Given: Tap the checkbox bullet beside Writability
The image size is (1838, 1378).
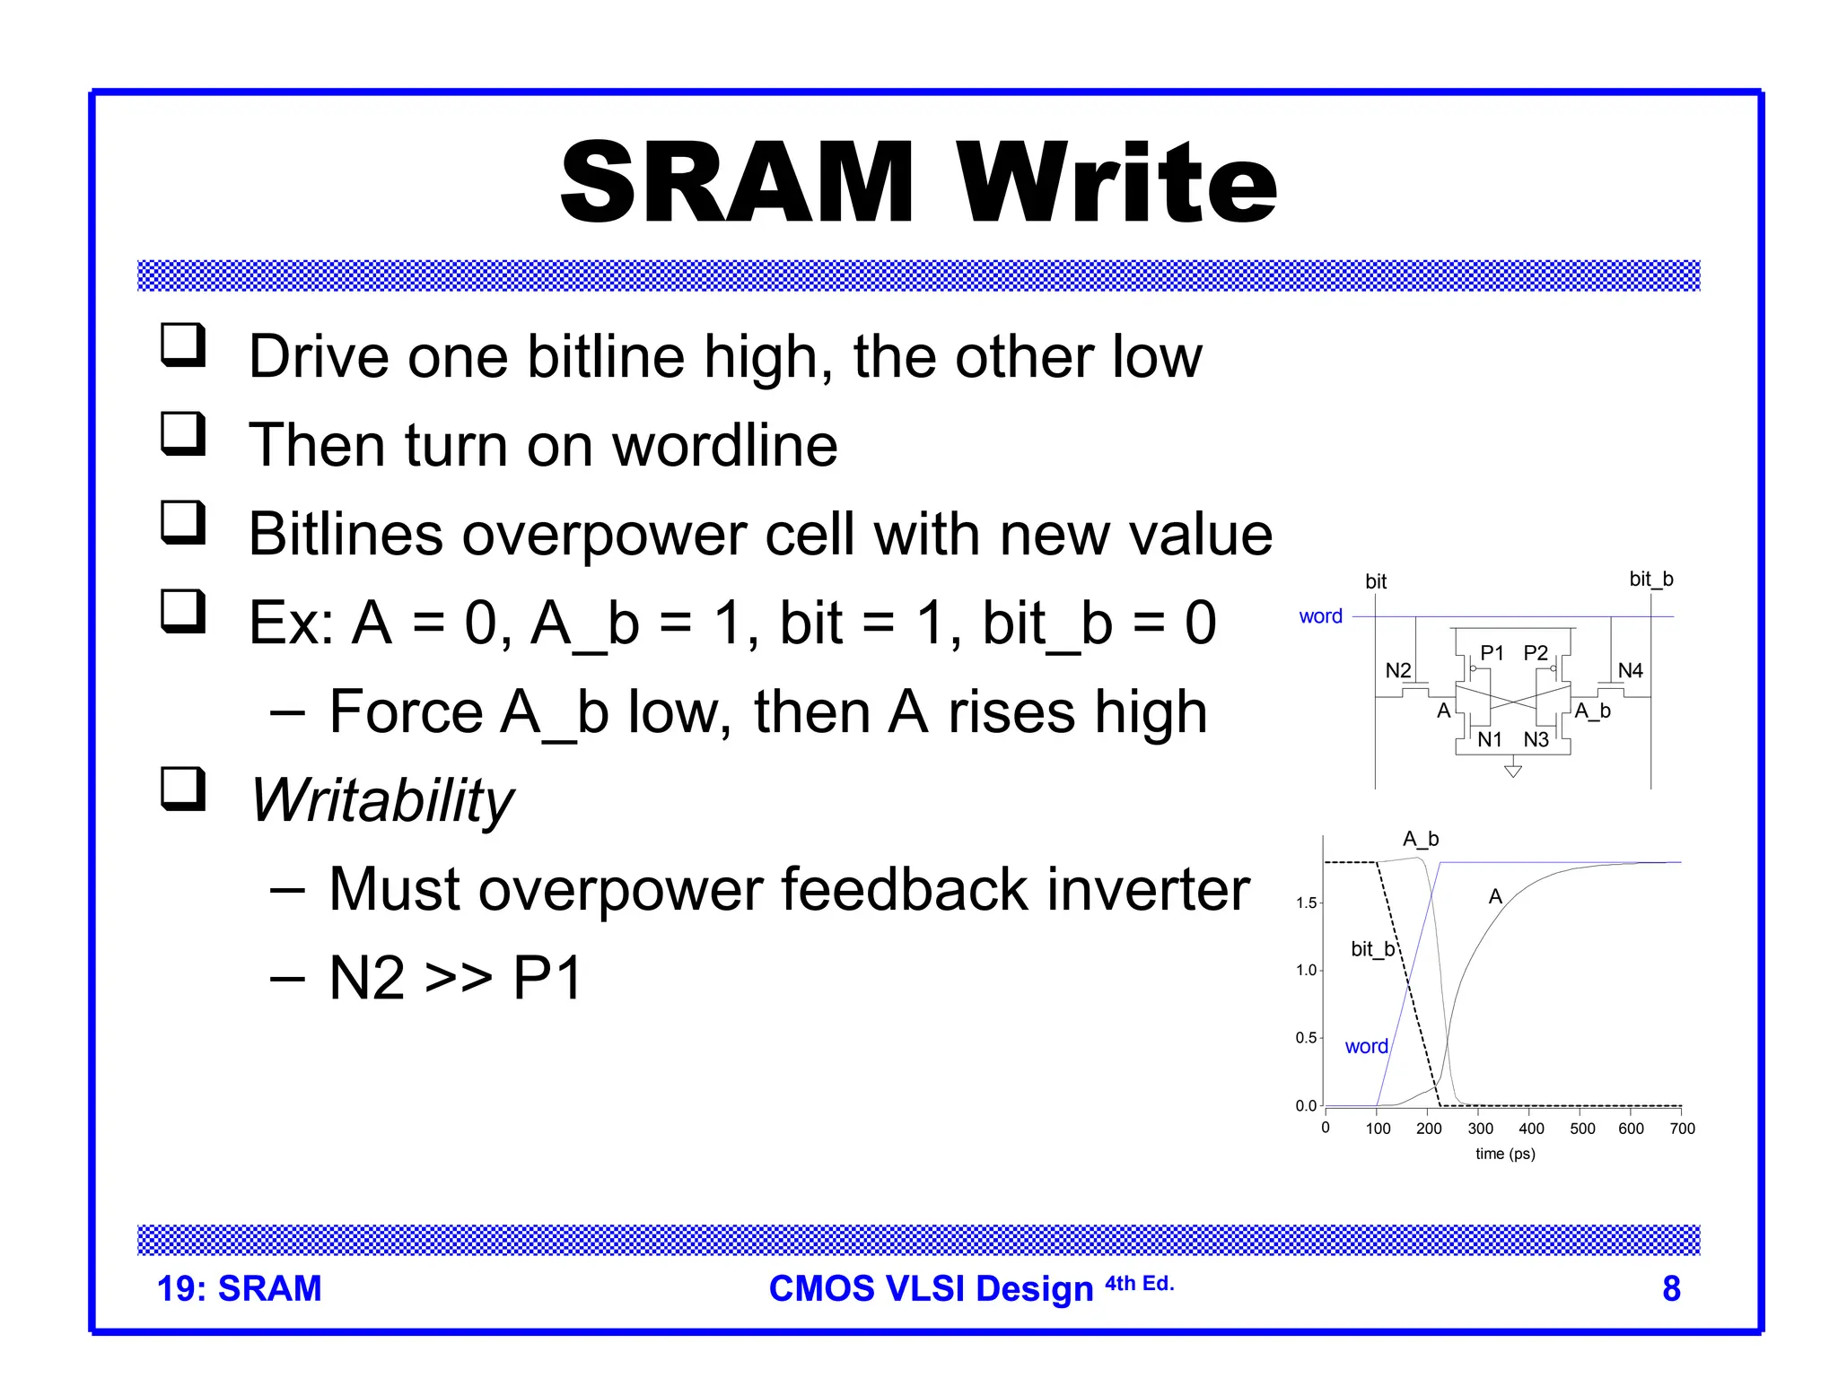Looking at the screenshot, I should point(184,789).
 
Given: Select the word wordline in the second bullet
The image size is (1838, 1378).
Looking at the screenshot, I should point(725,445).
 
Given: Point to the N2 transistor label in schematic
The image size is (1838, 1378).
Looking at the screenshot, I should point(1398,670).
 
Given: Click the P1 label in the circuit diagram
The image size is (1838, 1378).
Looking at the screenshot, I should point(1492,653).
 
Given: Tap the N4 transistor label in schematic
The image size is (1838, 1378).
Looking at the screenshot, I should point(1630,670).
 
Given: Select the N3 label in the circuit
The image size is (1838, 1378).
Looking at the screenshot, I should point(1536,739).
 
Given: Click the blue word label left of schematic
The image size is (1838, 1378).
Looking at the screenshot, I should point(1320,616).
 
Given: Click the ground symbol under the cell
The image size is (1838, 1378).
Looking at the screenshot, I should point(1513,770).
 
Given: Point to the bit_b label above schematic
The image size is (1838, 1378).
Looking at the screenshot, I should point(1650,580).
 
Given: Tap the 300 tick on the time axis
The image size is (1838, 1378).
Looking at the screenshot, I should point(1480,1129).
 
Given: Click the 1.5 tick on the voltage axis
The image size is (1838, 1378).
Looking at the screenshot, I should point(1306,903).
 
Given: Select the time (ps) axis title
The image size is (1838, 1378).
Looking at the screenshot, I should point(1505,1154).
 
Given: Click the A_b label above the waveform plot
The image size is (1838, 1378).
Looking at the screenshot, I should point(1421,839).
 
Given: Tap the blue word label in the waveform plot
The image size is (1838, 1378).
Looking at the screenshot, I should point(1366,1046).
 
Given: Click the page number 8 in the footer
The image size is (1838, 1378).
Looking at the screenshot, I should point(1671,1288).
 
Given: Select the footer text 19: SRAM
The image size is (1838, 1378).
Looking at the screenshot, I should point(239,1288).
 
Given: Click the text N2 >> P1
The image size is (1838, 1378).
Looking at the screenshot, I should point(456,978).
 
